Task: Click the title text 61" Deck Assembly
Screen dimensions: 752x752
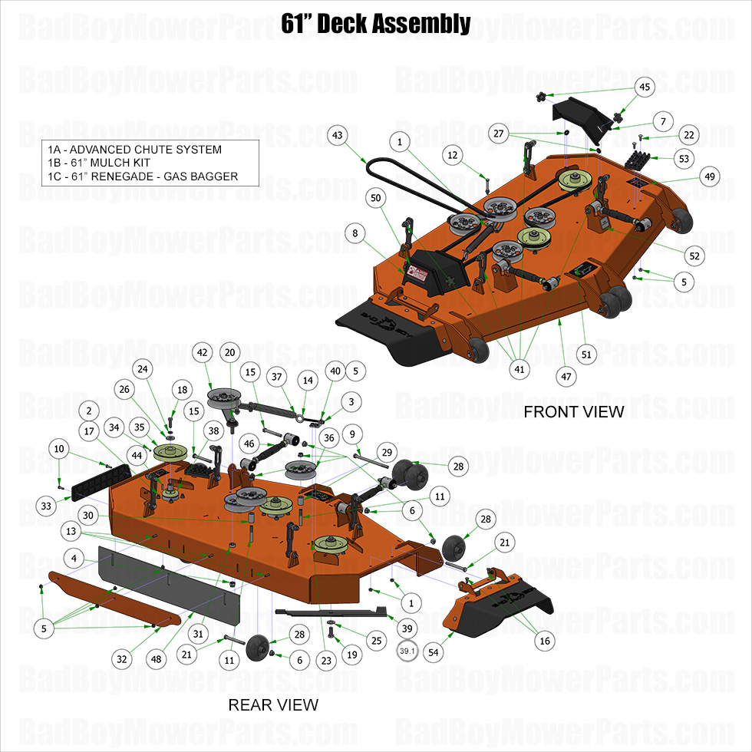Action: click(x=375, y=24)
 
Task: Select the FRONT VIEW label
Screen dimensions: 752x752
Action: click(x=573, y=412)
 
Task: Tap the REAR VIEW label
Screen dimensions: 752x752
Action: click(x=272, y=704)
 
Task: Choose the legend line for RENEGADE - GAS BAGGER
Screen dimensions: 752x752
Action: click(x=142, y=176)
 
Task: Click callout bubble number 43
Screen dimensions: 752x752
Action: click(x=337, y=135)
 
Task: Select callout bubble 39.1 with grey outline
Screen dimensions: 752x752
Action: click(x=407, y=651)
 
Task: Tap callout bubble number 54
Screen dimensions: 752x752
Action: click(x=434, y=651)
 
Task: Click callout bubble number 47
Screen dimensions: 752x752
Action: click(x=567, y=377)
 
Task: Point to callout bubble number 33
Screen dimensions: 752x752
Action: click(x=48, y=506)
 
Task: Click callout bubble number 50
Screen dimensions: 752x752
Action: click(x=376, y=198)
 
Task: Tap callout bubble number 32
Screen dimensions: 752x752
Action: click(x=121, y=658)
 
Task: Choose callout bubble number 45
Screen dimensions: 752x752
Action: click(x=645, y=87)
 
